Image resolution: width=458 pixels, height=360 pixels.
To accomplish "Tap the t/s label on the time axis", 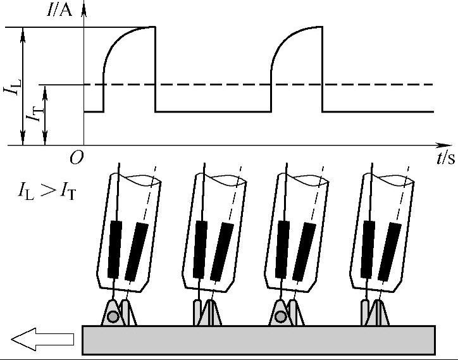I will (x=445, y=158).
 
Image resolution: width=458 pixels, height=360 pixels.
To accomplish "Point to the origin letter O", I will (x=76, y=158).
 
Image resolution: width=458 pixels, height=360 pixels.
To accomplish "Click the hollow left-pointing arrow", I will (x=42, y=340).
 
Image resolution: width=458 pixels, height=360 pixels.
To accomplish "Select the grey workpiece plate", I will (x=259, y=340).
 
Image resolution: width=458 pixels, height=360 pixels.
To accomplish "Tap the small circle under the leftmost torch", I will (x=112, y=316).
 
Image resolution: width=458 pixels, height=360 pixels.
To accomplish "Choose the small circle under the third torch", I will (x=280, y=316).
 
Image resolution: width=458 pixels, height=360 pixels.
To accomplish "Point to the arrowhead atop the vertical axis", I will (x=84, y=8).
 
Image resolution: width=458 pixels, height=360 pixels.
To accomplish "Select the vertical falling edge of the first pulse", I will (x=156, y=70).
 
